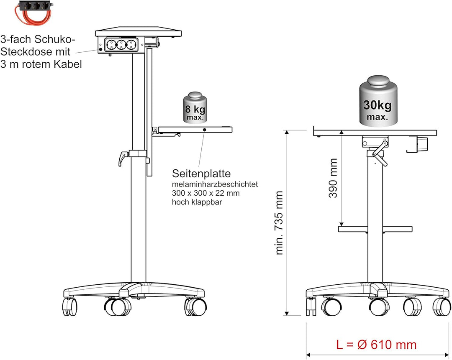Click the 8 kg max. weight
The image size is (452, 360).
(195, 108)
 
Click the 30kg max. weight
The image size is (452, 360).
(378, 101)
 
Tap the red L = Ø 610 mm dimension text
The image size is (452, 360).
(377, 345)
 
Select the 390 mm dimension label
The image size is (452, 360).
(333, 178)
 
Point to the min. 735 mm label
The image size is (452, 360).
(279, 222)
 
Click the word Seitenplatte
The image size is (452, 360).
(201, 174)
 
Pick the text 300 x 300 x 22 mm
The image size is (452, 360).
(205, 193)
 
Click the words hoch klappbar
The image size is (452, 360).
(197, 202)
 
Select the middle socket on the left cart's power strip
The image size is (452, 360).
(121, 45)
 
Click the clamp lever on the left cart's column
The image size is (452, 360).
(123, 159)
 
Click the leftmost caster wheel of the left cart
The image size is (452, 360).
(70, 307)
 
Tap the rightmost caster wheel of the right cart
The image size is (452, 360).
(442, 307)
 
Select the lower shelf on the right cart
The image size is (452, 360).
(375, 229)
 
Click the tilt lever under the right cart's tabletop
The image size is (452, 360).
(380, 153)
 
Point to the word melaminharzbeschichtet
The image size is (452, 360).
(215, 184)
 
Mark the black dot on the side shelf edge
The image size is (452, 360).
(204, 130)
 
